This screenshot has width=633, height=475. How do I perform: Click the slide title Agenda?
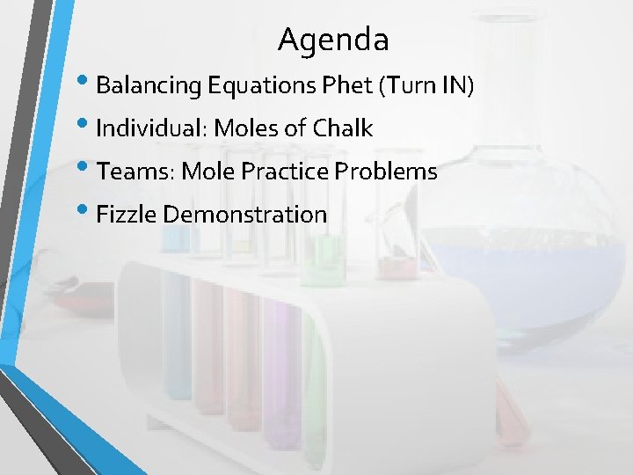[333, 40]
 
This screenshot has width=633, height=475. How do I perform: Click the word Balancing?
[149, 86]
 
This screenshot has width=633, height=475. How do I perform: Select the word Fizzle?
[126, 214]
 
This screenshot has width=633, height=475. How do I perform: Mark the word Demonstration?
[245, 214]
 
